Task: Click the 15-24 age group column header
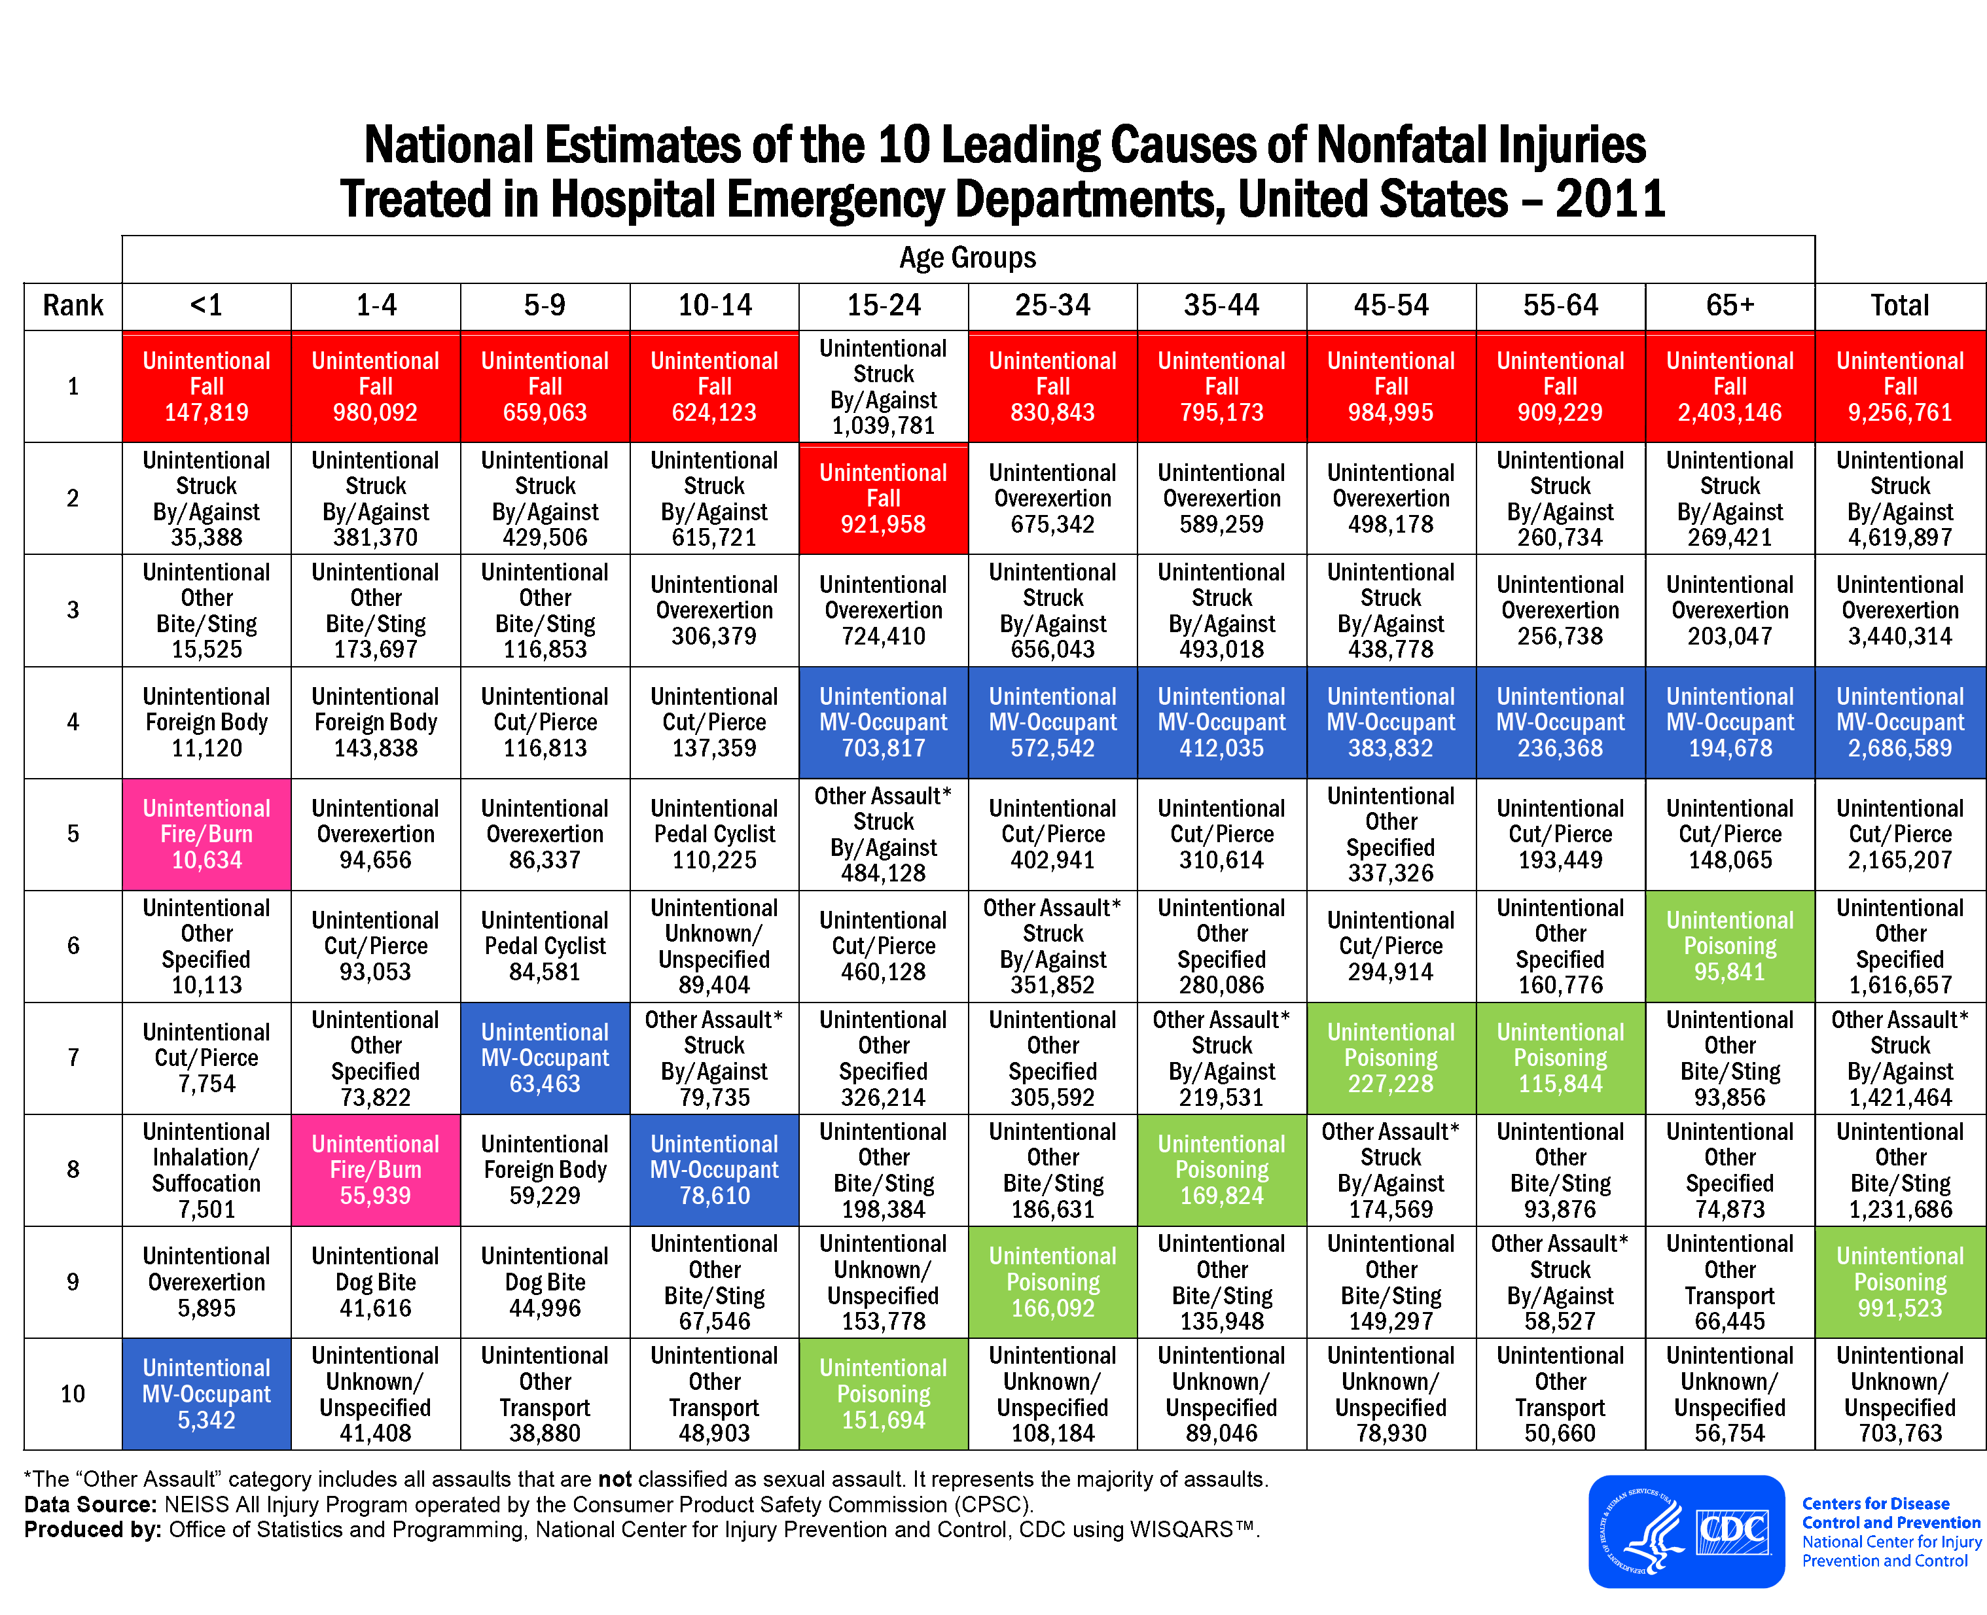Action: [883, 305]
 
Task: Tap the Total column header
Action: [1899, 305]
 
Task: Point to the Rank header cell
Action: [73, 305]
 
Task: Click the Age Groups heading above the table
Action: [967, 258]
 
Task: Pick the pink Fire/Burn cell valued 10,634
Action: [207, 834]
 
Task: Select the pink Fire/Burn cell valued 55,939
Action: [375, 1169]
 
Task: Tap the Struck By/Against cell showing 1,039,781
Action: [883, 386]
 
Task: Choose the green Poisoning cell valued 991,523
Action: [1899, 1282]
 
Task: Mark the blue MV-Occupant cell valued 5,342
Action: [207, 1394]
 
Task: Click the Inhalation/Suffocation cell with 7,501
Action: [207, 1169]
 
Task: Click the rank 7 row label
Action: [73, 1057]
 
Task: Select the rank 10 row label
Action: [73, 1394]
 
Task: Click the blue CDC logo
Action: [1685, 1531]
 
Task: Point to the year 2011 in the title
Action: [1609, 199]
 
